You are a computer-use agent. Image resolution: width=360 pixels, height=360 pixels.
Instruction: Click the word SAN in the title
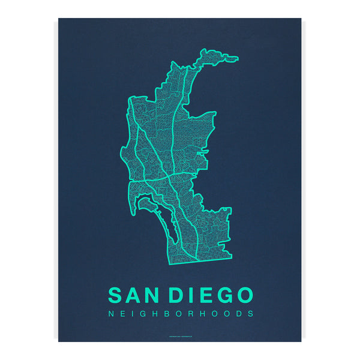[133, 295]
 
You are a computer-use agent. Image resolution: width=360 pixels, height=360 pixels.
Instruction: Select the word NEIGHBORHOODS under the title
[180, 313]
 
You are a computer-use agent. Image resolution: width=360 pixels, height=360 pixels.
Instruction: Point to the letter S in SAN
[116, 295]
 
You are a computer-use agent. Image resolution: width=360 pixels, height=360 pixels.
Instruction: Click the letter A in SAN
[133, 295]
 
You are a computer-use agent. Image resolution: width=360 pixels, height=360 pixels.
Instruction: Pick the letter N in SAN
[152, 295]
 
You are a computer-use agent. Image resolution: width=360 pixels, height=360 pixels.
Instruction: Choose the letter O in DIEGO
[244, 295]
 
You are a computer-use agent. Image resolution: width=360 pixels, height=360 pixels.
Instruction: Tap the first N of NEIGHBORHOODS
[109, 313]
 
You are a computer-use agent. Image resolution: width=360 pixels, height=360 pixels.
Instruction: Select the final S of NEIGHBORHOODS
[251, 313]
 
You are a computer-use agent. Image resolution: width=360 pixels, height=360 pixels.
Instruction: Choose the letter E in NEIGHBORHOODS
[121, 313]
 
